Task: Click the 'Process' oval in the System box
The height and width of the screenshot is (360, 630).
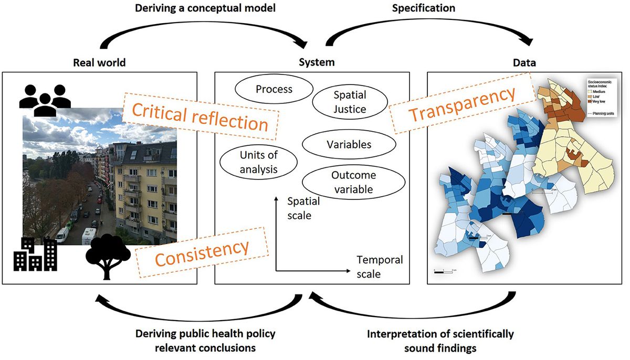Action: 274,89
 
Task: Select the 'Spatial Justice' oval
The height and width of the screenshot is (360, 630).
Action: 350,102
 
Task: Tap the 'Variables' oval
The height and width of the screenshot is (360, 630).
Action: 349,144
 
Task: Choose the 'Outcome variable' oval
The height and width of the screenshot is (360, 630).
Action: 354,182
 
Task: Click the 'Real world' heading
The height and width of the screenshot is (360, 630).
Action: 99,63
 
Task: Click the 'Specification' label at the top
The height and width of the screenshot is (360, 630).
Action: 424,8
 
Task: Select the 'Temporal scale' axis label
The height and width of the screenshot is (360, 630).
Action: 380,267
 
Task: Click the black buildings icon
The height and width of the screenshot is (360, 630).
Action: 35,255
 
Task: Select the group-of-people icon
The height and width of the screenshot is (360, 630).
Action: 45,100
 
